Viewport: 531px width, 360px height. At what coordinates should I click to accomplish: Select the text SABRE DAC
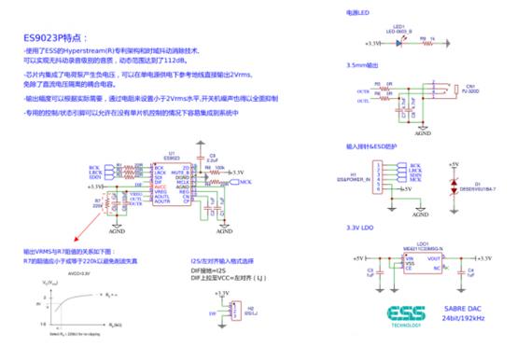(476, 307)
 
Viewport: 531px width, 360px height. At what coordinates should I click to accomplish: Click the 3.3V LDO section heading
(362, 228)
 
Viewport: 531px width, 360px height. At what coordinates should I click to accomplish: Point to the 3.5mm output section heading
(365, 66)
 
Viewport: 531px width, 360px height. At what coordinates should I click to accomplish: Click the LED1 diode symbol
(399, 42)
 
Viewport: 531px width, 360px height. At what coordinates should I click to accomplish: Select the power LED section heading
(359, 13)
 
